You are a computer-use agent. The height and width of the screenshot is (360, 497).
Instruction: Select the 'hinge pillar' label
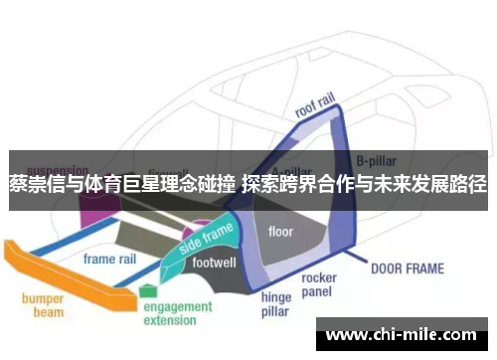pos(276,304)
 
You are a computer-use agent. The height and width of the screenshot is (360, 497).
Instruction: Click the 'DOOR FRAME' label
pos(408,268)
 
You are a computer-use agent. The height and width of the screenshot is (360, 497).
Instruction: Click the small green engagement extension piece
pos(148,291)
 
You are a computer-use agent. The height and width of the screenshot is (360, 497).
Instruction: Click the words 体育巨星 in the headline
pos(112,183)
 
